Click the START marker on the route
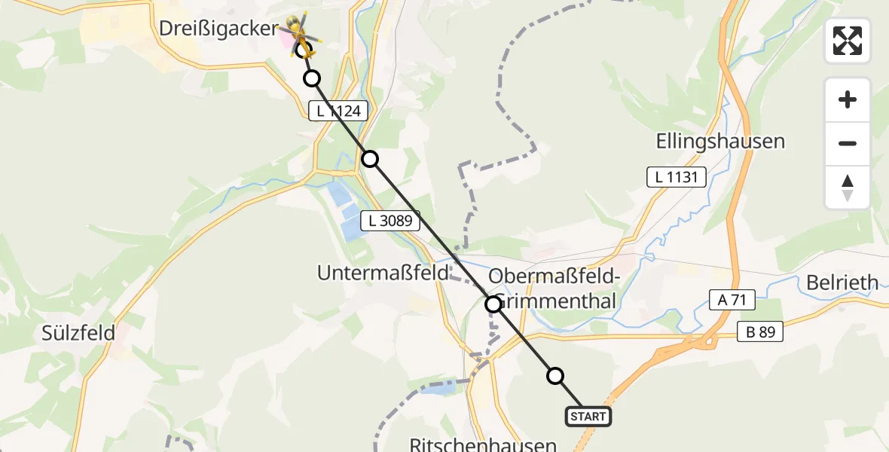588,417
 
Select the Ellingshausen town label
720,141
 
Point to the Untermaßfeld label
383,273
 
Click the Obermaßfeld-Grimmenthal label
554,289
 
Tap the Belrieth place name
842,282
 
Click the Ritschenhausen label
483,444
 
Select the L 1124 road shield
339,111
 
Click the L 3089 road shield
390,221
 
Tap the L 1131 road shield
677,177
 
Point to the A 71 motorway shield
732,300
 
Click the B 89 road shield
760,331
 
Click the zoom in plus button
848,99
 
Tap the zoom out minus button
848,144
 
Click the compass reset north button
848,188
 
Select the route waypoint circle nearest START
555,376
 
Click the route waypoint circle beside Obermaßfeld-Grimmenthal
493,304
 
